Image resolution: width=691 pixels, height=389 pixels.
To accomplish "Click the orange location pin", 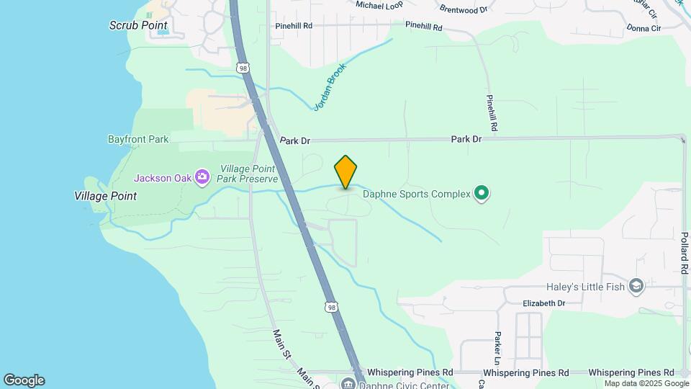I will click(x=345, y=172).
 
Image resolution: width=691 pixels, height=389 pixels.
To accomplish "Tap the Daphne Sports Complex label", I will click(x=415, y=193).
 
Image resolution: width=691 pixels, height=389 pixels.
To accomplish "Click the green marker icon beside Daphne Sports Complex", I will click(x=482, y=193).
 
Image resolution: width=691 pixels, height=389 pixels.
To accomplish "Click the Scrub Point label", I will click(x=138, y=25).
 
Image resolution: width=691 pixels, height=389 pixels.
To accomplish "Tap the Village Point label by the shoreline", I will click(x=105, y=195).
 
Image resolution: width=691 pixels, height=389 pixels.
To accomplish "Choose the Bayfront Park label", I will click(x=138, y=139).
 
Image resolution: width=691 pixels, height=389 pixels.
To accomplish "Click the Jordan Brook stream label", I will click(x=330, y=87).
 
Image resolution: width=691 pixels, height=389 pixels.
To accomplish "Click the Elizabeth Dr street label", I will click(x=544, y=303).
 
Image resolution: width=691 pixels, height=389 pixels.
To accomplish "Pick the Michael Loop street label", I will click(x=380, y=4).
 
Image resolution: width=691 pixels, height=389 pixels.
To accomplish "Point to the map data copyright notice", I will click(x=636, y=383).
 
